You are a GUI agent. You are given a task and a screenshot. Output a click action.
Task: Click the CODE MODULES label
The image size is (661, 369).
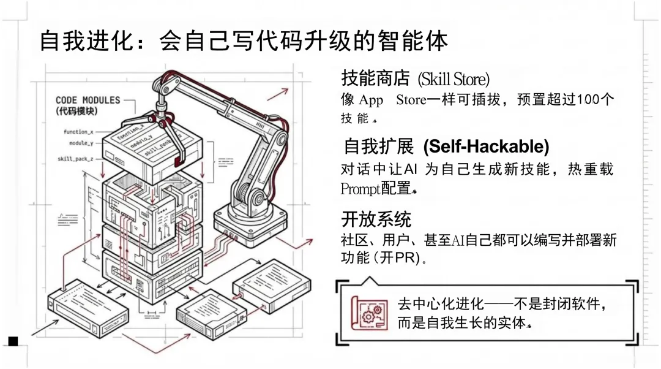88,100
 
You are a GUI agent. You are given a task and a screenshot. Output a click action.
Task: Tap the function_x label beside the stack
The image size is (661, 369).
79,132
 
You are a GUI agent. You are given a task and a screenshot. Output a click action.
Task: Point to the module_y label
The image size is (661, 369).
81,143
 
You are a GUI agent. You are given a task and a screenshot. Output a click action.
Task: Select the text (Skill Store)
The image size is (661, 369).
454,79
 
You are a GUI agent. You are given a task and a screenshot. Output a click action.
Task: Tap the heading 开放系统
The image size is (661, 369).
376,218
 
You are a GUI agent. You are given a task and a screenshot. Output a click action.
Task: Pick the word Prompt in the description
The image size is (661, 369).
360,189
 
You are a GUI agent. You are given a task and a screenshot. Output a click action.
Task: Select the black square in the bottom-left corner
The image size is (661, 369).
13,341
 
